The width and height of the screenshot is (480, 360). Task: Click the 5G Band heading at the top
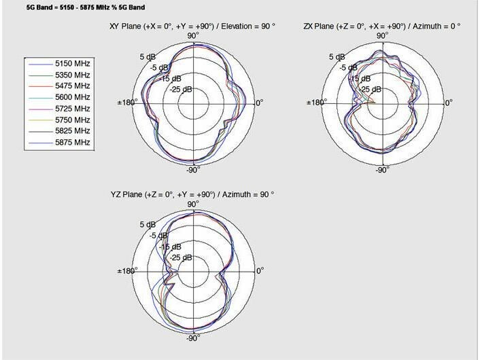click(x=86, y=7)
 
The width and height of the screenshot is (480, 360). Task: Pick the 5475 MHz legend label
click(x=73, y=86)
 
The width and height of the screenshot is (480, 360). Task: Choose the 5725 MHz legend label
click(x=73, y=109)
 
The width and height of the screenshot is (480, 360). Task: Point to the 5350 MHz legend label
click(x=73, y=75)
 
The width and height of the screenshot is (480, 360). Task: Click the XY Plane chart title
click(x=192, y=26)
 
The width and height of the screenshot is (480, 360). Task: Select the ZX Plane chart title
click(x=381, y=26)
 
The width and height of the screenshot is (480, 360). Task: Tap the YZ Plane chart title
click(x=192, y=194)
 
